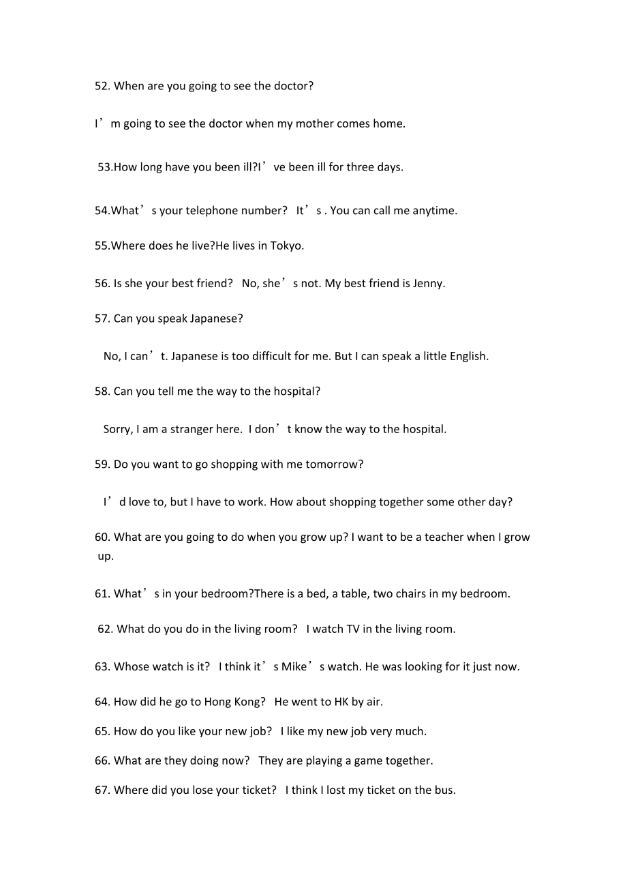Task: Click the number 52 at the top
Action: pos(102,86)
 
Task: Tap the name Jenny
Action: pos(428,283)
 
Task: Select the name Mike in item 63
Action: pos(294,666)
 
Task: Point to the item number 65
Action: pos(102,731)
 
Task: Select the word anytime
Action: pos(433,210)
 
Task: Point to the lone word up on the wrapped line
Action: pos(105,556)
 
